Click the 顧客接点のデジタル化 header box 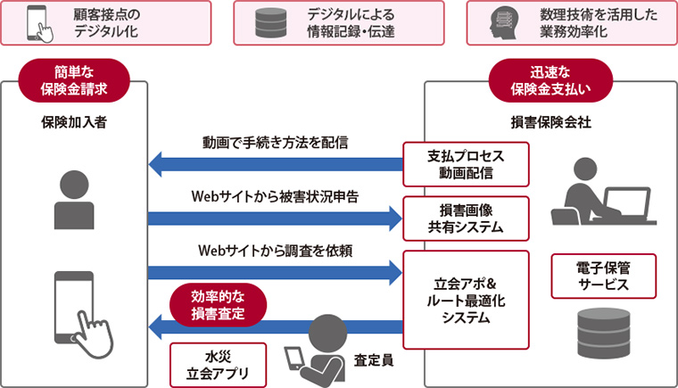106,23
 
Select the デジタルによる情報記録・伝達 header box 338,23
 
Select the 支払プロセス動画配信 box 465,164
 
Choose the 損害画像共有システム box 465,219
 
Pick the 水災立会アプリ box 218,365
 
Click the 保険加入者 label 74,121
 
